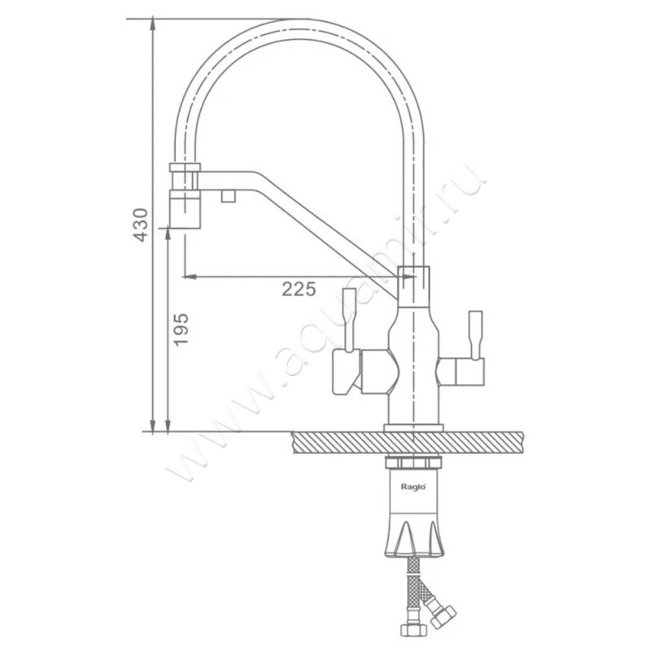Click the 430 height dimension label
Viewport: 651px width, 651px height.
(x=141, y=225)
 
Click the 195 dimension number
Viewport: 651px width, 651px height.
(x=181, y=330)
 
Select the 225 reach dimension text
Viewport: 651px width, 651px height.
(x=299, y=289)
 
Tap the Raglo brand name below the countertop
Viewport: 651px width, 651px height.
(x=413, y=487)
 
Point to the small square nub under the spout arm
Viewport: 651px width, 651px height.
(x=229, y=196)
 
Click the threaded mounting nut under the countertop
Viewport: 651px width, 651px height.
(x=413, y=463)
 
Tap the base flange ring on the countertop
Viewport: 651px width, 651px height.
(x=413, y=428)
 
